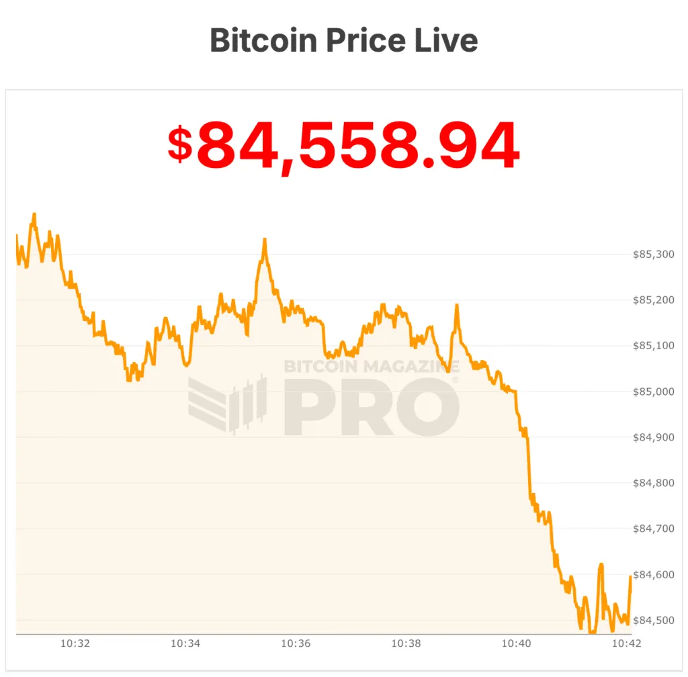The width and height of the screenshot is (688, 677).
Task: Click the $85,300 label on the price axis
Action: pos(654,255)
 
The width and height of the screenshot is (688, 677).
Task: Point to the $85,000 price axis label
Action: pos(654,392)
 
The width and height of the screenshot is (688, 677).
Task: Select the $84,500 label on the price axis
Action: pos(654,620)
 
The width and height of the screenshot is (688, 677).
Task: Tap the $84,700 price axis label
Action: pos(654,529)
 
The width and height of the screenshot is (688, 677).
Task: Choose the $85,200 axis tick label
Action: pos(654,300)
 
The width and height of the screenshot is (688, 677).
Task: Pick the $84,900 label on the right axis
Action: pos(654,437)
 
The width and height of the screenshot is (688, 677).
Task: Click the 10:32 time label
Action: pos(75,643)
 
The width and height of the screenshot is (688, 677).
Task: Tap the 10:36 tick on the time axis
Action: pos(296,643)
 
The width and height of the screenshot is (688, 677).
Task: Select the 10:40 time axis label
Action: pos(516,643)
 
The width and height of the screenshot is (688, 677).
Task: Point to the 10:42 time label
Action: pos(626,643)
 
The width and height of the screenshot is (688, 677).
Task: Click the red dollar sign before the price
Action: pos(179,144)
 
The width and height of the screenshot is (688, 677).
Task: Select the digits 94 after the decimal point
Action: pos(482,146)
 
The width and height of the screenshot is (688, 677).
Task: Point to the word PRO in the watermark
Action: pos(371,408)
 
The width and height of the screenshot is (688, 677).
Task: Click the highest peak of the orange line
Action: pos(34,214)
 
